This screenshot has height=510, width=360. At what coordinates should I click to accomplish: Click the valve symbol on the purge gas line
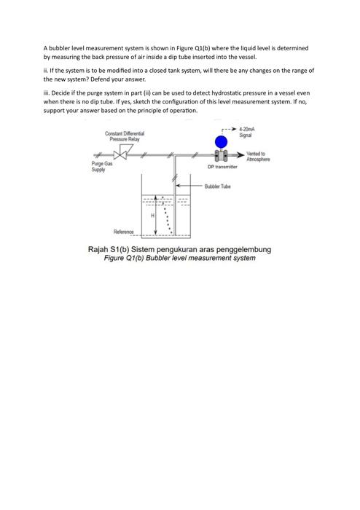pyautogui.click(x=122, y=154)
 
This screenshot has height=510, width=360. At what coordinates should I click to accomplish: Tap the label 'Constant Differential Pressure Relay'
pyautogui.click(x=125, y=136)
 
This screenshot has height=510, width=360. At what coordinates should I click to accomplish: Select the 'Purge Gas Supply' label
pyautogui.click(x=101, y=168)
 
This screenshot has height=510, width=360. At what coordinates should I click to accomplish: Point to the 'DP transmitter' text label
pyautogui.click(x=222, y=168)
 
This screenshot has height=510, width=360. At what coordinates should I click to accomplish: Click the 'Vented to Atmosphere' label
pyautogui.click(x=258, y=156)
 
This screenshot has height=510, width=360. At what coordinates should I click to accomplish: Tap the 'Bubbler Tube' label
pyautogui.click(x=217, y=187)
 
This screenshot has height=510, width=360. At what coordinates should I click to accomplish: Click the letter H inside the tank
pyautogui.click(x=153, y=216)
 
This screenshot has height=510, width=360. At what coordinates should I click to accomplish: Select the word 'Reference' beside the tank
pyautogui.click(x=123, y=232)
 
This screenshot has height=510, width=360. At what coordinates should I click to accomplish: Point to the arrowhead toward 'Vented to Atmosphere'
pyautogui.click(x=241, y=154)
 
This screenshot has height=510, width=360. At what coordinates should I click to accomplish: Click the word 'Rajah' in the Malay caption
pyautogui.click(x=98, y=249)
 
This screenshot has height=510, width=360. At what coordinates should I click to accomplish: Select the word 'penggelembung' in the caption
pyautogui.click(x=246, y=249)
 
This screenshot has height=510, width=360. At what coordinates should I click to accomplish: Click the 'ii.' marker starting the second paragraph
pyautogui.click(x=46, y=71)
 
